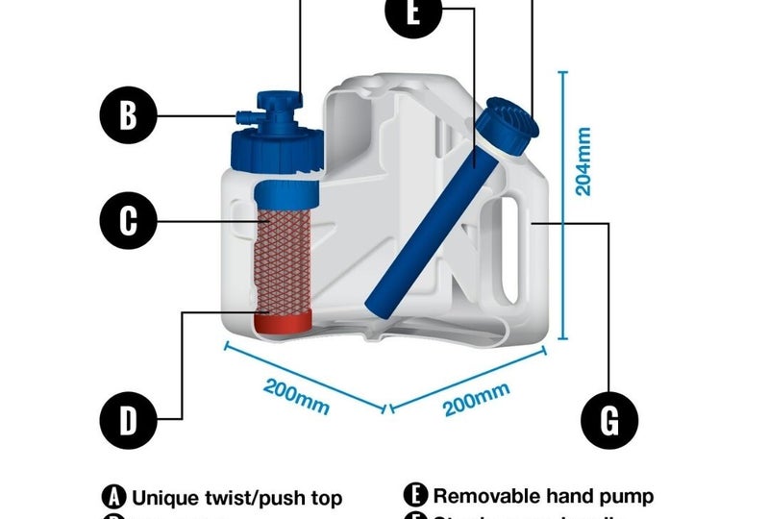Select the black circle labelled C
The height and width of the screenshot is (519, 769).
[129, 221]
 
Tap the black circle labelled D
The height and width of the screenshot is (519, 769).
[129, 419]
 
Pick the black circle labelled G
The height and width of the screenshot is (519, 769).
[609, 419]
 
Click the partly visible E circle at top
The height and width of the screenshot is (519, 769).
[412, 13]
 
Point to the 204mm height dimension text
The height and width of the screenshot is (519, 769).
[583, 159]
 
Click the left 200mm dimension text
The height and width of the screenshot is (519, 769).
[296, 393]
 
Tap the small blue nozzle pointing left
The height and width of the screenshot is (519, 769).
[244, 116]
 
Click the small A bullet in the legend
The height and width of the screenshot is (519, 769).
[113, 498]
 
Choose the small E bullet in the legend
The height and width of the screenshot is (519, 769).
[415, 497]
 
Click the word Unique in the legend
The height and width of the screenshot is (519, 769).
[163, 498]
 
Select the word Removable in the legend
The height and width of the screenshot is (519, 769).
[484, 497]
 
